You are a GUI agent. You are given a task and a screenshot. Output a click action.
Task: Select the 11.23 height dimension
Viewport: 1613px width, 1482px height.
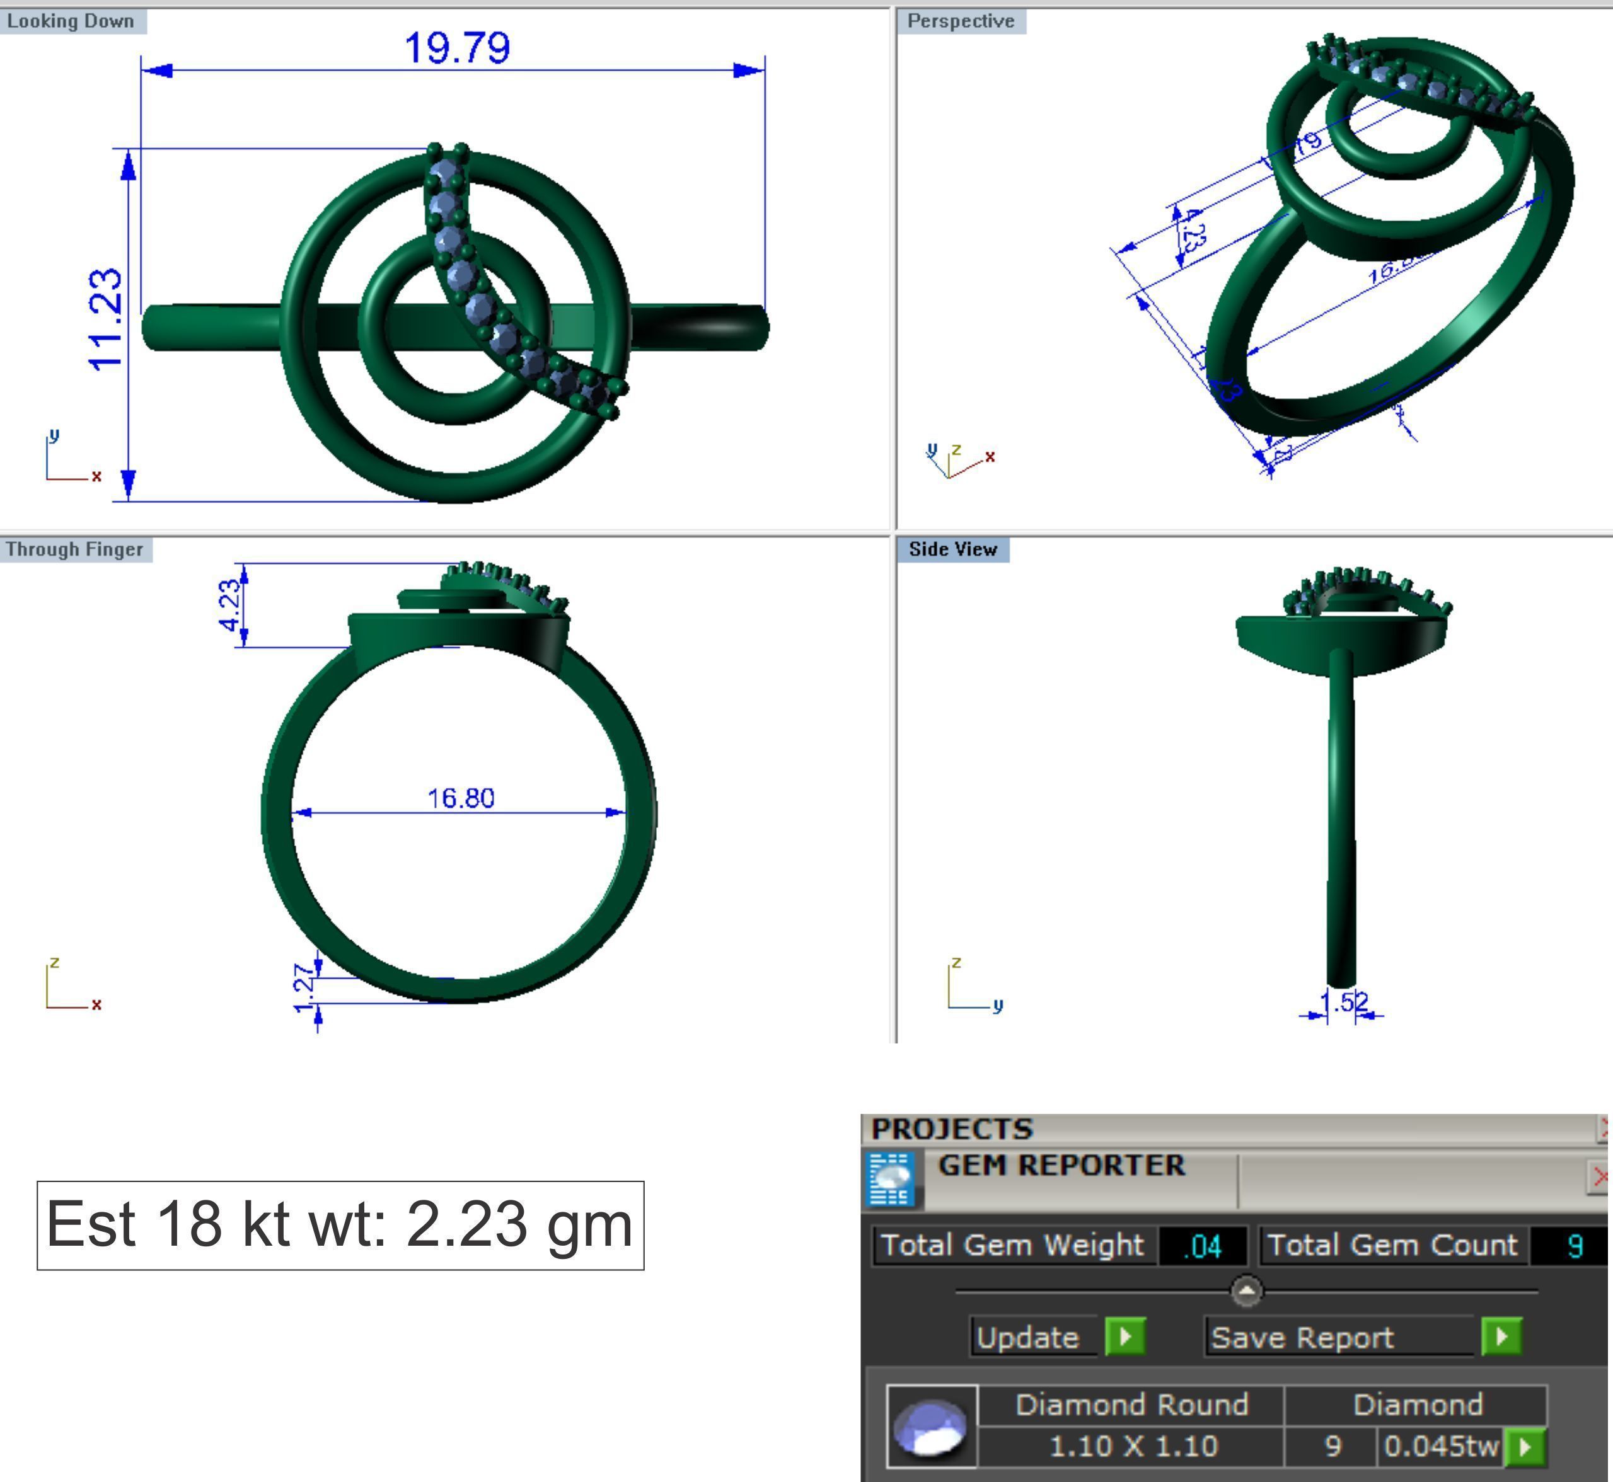coord(106,320)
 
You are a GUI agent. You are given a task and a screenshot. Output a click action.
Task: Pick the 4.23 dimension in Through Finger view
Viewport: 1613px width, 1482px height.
coord(229,606)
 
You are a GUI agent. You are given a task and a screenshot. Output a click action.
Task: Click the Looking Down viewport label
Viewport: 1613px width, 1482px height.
coord(71,21)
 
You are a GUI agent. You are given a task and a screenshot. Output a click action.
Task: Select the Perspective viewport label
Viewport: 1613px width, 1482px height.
coord(960,21)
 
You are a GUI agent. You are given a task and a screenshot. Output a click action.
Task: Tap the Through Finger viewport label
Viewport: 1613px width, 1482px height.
coord(74,549)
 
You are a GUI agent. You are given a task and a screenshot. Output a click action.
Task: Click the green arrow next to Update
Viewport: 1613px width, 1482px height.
coord(1124,1337)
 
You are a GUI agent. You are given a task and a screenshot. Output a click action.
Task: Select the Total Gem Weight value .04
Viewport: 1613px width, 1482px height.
coord(1201,1246)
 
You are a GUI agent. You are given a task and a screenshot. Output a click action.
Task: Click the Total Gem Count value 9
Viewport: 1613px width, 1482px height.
coord(1574,1246)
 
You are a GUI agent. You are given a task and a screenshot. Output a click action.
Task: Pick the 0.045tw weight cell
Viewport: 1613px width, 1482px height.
coord(1440,1446)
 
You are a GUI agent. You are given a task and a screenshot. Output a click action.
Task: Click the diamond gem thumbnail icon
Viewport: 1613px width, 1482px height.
coord(931,1426)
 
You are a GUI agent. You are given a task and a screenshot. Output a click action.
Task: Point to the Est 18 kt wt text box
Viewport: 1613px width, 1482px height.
coord(340,1224)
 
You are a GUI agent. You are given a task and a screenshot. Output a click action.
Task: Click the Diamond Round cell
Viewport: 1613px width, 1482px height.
coord(1131,1405)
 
